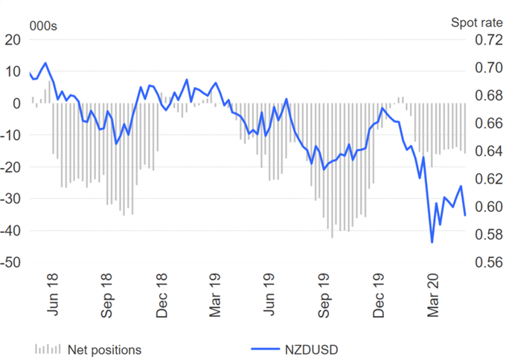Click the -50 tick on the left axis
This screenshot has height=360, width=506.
(x=13, y=263)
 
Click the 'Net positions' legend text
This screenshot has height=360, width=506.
(x=104, y=349)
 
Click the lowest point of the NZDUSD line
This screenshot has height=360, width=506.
(x=432, y=242)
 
